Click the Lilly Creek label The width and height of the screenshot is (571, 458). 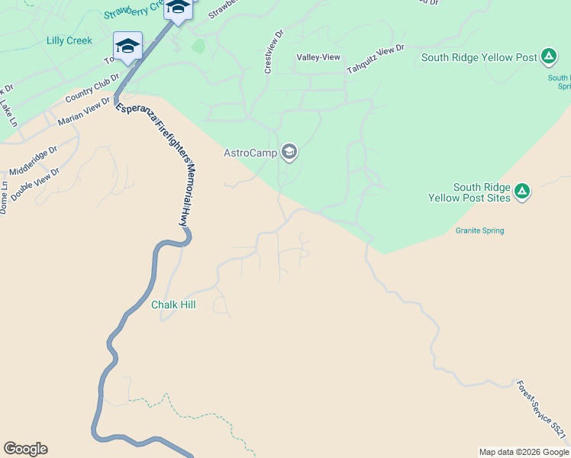(69, 40)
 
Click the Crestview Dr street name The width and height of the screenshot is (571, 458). (273, 52)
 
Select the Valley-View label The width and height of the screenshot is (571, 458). (318, 57)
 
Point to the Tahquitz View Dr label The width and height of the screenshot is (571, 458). (375, 60)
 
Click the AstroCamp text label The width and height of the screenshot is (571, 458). (250, 153)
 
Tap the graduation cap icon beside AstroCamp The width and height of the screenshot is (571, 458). (289, 153)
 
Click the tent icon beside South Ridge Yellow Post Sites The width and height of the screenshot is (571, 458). (521, 191)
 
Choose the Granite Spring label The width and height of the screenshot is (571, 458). (479, 231)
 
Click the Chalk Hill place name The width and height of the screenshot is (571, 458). (173, 305)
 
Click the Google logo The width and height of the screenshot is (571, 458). (25, 449)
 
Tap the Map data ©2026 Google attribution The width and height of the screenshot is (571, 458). (523, 452)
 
